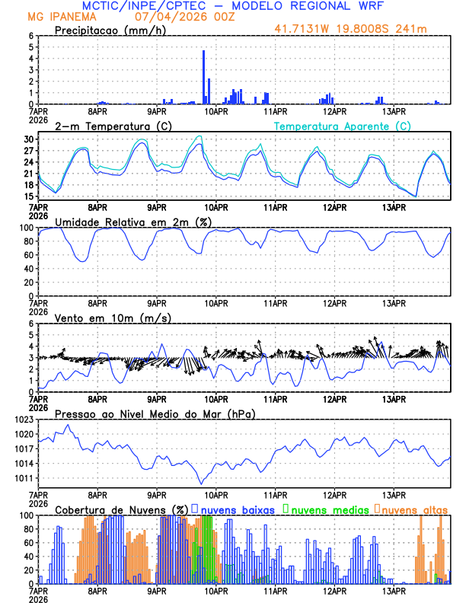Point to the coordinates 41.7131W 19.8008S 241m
click(x=362, y=29)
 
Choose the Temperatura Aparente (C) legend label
click(x=343, y=126)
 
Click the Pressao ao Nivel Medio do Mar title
click(x=155, y=413)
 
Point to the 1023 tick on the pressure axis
click(x=23, y=420)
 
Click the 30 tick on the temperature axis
click(x=28, y=139)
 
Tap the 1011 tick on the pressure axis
click(x=23, y=478)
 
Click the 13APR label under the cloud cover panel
click(x=393, y=591)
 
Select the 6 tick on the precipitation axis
click(x=31, y=36)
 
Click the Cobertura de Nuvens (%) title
click(x=121, y=509)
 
